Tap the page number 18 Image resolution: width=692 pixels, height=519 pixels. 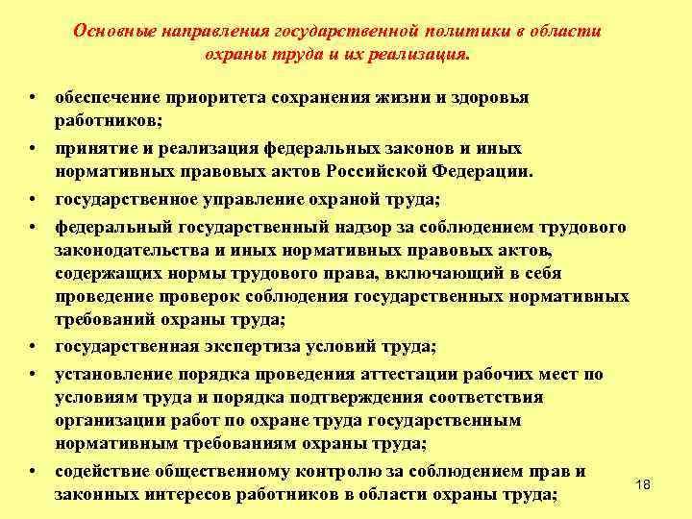point(643,484)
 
